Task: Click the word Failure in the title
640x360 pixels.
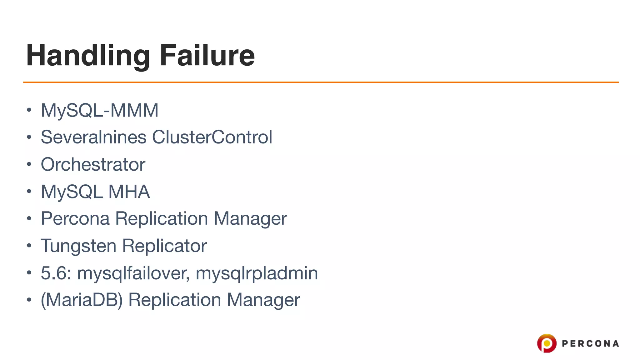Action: pyautogui.click(x=207, y=56)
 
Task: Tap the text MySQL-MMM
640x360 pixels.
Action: pyautogui.click(x=99, y=110)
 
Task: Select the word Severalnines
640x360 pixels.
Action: pyautogui.click(x=93, y=137)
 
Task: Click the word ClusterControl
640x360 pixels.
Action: pyautogui.click(x=212, y=137)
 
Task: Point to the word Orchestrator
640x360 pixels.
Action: pyautogui.click(x=93, y=164)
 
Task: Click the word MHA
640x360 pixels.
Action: pyautogui.click(x=129, y=192)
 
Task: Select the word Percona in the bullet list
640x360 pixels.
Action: pyautogui.click(x=75, y=218)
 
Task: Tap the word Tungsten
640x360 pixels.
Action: pyautogui.click(x=78, y=246)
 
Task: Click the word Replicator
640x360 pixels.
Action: pyautogui.click(x=164, y=246)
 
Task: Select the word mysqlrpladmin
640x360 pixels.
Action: pyautogui.click(x=257, y=273)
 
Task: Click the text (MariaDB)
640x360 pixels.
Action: pyautogui.click(x=82, y=300)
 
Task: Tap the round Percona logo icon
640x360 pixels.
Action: pyautogui.click(x=547, y=343)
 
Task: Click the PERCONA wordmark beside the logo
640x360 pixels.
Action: pyautogui.click(x=590, y=344)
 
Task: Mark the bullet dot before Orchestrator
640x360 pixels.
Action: pyautogui.click(x=29, y=164)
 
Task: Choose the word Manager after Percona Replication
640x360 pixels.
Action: pyautogui.click(x=250, y=218)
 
